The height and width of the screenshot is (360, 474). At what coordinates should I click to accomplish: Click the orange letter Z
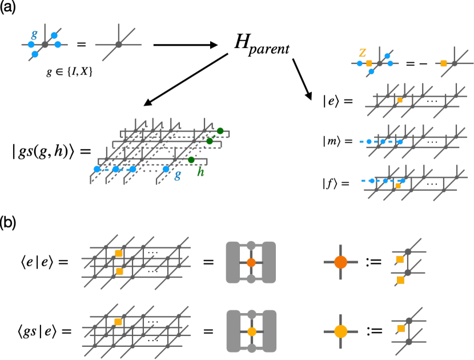[363, 53]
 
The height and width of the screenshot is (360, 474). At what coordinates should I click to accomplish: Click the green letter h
[200, 172]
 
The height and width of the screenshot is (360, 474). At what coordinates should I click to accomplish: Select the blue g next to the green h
[178, 175]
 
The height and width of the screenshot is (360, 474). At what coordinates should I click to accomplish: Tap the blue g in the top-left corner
[34, 34]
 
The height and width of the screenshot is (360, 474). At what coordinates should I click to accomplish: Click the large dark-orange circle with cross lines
[340, 262]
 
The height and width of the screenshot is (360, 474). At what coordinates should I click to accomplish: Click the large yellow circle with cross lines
[340, 331]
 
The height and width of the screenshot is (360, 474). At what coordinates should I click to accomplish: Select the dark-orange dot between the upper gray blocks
[251, 262]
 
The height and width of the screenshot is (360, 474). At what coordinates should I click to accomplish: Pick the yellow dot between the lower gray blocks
[252, 331]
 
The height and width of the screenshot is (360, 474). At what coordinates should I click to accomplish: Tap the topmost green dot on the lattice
[220, 131]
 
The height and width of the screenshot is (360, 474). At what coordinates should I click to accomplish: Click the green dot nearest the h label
[191, 160]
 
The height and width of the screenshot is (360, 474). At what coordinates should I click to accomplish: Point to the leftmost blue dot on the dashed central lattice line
[97, 169]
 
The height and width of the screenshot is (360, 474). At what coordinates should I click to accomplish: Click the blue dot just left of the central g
[166, 169]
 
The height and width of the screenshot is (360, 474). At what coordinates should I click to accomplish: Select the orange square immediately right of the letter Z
[369, 63]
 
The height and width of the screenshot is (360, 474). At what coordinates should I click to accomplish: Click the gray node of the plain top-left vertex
[119, 45]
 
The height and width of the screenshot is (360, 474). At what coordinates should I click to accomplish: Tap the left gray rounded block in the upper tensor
[233, 262]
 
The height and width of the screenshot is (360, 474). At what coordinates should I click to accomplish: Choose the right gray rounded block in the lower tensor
[269, 331]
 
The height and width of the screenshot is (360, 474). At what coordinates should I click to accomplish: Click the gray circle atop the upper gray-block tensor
[251, 245]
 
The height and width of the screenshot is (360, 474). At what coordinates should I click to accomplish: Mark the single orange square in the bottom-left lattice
[118, 322]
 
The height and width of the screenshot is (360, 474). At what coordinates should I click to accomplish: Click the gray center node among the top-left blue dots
[45, 45]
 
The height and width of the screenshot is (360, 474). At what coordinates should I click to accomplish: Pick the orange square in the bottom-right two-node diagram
[401, 328]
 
